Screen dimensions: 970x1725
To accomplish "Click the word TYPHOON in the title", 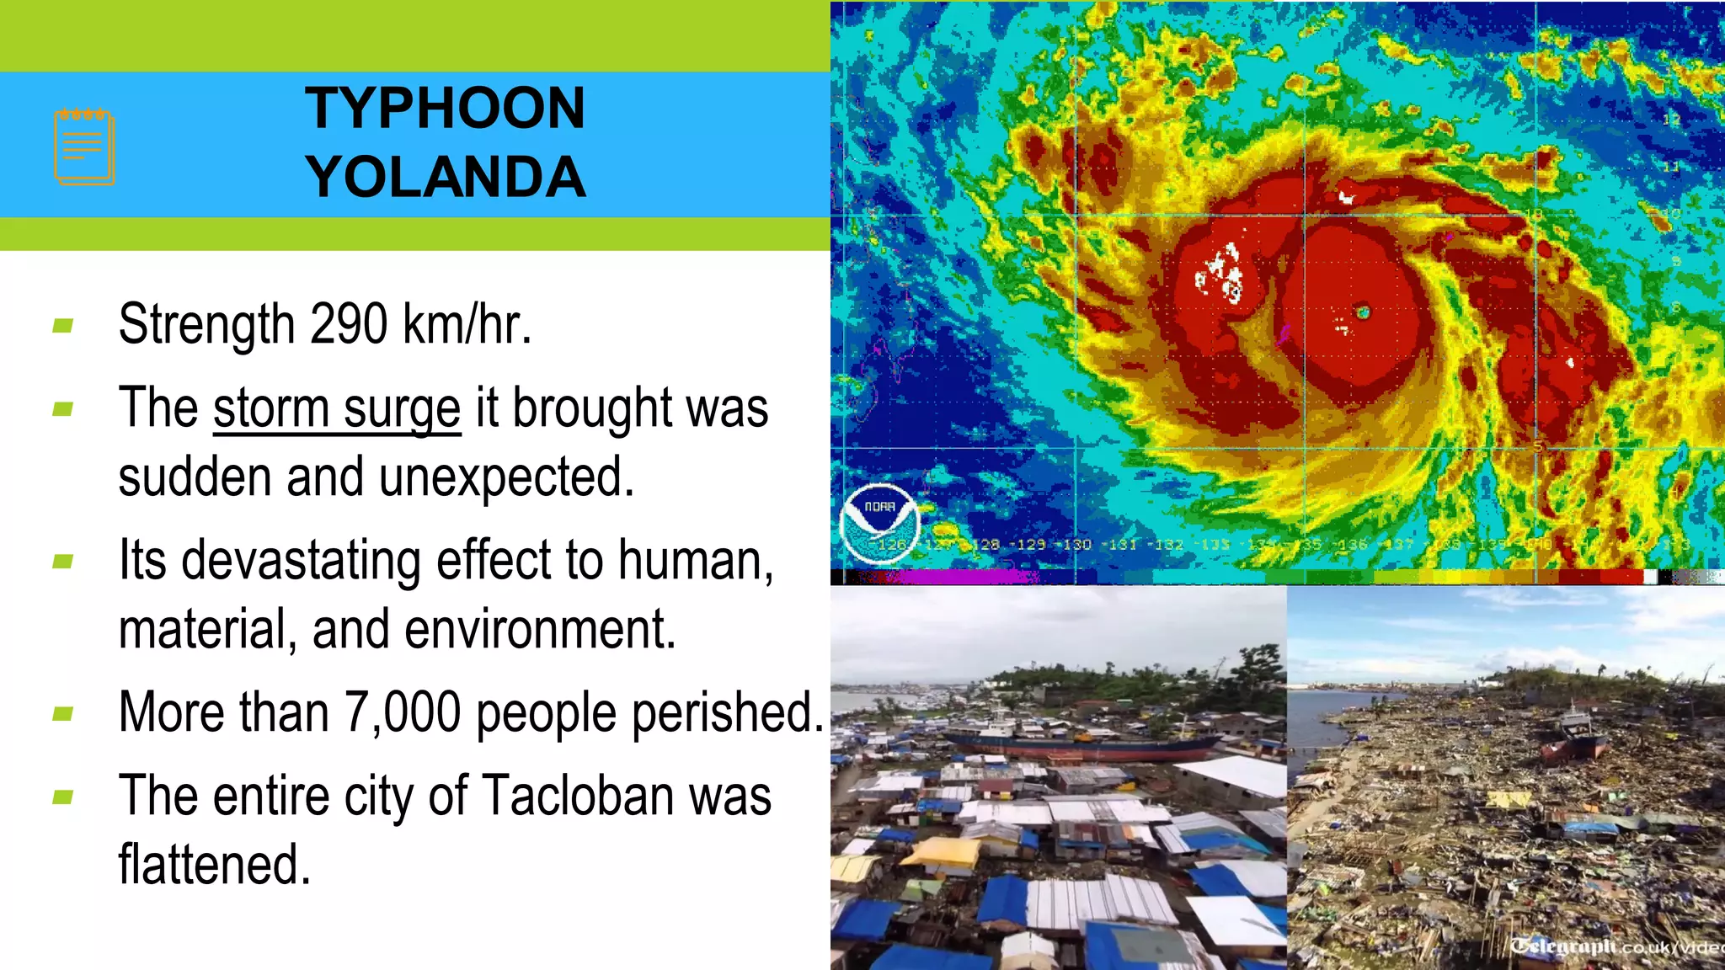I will (x=445, y=109).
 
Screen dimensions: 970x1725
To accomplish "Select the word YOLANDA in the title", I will (x=445, y=178).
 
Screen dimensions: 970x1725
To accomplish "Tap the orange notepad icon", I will (x=84, y=147).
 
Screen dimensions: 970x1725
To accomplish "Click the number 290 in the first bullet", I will (x=349, y=324).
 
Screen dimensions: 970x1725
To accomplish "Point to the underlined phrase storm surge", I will (x=337, y=409).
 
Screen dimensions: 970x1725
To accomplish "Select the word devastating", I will (x=301, y=561).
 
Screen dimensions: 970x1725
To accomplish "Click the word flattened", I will (x=214, y=865).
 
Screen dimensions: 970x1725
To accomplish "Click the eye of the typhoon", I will (x=1363, y=313).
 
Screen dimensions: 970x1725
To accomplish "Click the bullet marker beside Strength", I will (x=63, y=326).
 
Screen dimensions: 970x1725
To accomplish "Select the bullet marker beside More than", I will (x=63, y=715).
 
